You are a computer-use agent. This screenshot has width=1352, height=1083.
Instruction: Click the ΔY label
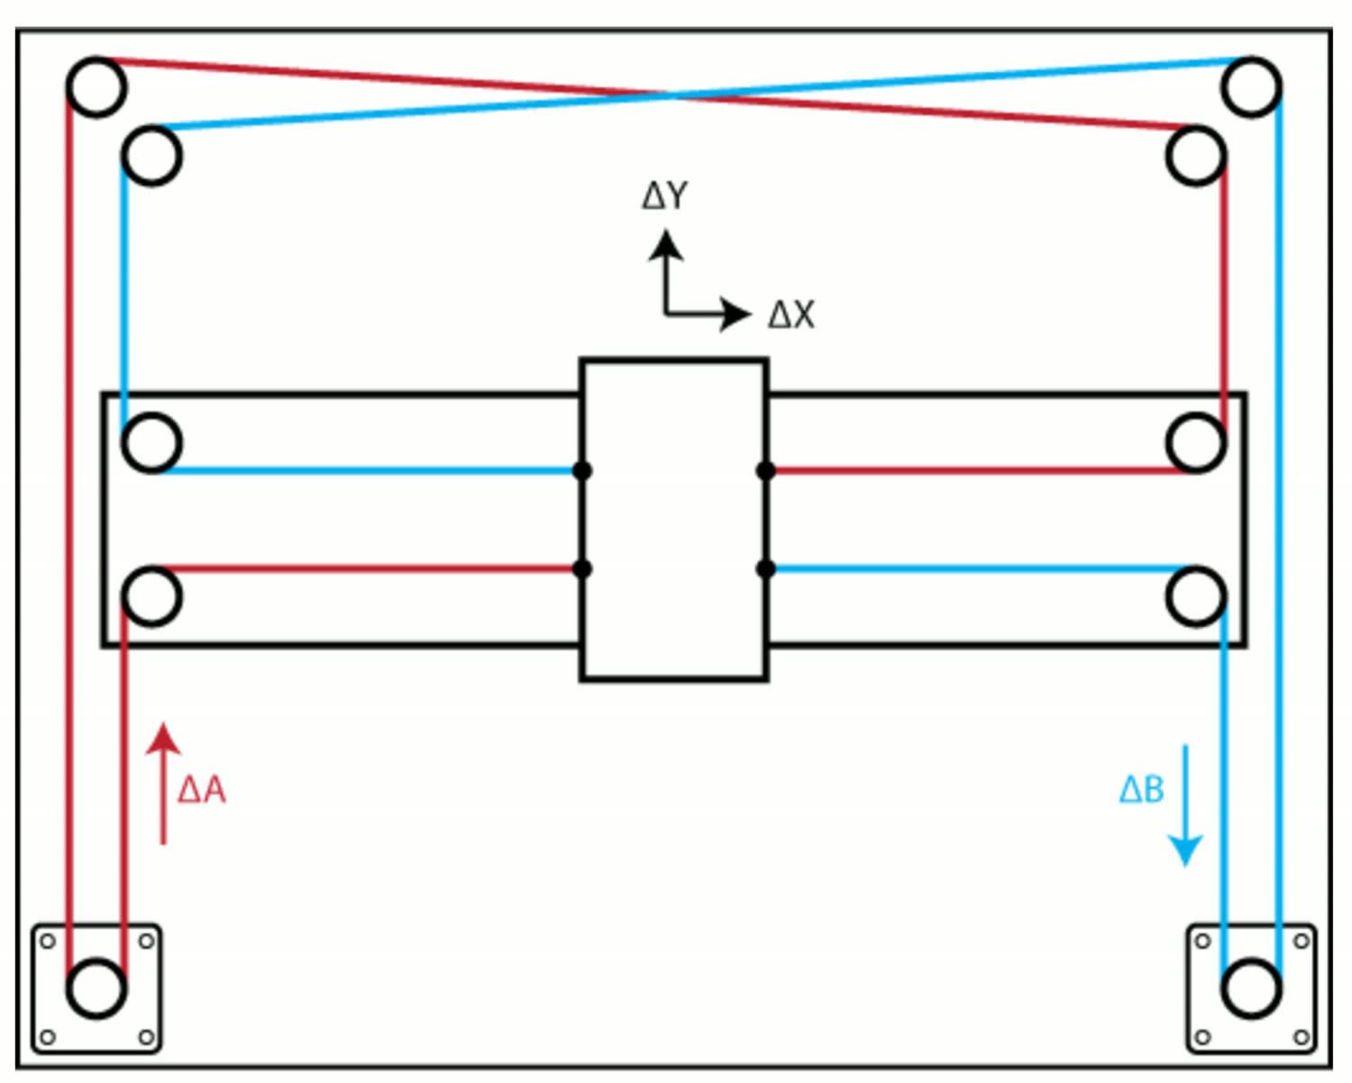(665, 196)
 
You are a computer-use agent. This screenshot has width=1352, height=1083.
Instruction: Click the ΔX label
(791, 314)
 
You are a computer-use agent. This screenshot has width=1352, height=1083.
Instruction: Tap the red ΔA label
(202, 790)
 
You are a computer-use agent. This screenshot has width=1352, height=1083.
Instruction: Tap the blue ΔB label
(1141, 790)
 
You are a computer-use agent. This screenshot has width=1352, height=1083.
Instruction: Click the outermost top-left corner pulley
(96, 86)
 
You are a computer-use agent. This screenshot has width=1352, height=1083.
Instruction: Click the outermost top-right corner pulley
(1252, 86)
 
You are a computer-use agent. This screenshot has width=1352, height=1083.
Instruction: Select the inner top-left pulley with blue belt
(151, 155)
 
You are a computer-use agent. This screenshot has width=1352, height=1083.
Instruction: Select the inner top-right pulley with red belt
(1196, 155)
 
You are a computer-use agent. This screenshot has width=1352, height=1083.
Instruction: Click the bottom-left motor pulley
(96, 987)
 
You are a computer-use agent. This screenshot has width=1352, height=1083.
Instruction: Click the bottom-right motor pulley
(1252, 987)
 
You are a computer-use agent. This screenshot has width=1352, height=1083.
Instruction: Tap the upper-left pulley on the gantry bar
(151, 442)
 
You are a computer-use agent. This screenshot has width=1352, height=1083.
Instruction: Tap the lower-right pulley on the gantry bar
(1196, 596)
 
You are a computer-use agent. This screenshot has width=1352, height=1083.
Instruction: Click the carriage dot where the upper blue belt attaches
(582, 470)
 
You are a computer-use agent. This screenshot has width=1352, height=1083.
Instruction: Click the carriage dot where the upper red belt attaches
(765, 470)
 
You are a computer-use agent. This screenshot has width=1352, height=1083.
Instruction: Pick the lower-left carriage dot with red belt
(582, 569)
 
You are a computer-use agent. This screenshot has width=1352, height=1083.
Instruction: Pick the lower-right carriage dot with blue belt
(765, 569)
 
